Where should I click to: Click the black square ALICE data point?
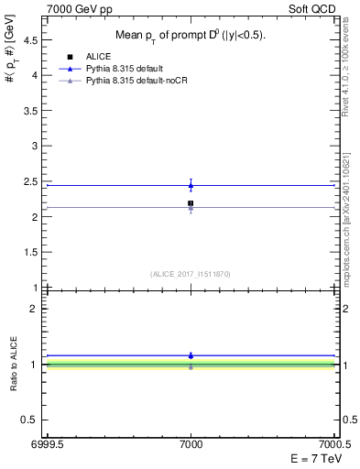[x=191, y=203]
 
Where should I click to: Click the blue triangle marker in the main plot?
[x=191, y=186]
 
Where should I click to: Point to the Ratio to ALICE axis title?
[x=14, y=364]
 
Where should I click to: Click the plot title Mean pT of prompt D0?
[x=191, y=36]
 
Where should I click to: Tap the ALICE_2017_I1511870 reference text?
[x=191, y=274]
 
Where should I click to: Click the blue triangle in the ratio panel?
[x=191, y=355]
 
